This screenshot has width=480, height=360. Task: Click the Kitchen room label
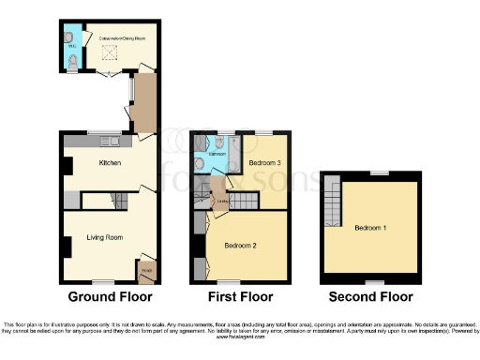(112, 163)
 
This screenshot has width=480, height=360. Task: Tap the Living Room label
(105, 237)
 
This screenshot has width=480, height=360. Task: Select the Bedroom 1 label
(370, 227)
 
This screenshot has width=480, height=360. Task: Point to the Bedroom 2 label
(240, 245)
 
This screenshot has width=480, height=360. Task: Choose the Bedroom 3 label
(265, 162)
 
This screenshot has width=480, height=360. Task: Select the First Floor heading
(239, 297)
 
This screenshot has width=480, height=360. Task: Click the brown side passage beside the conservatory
(142, 105)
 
